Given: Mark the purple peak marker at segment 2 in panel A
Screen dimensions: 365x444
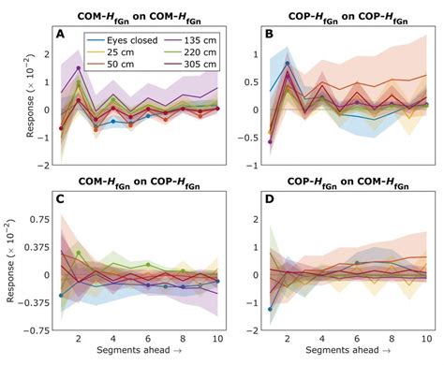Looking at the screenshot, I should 79,68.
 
